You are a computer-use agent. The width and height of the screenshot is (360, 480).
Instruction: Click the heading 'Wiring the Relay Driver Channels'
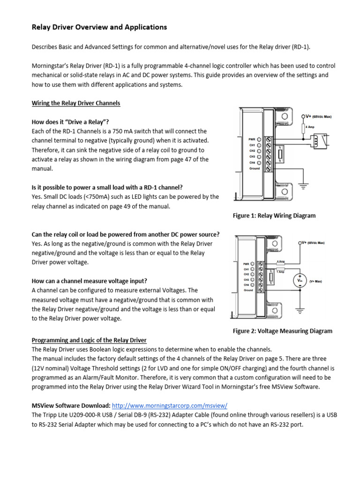point(75,103)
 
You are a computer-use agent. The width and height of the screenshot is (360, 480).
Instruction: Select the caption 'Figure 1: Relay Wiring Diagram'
point(274,216)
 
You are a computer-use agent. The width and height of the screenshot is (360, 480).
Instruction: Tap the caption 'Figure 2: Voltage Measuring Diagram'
point(283,331)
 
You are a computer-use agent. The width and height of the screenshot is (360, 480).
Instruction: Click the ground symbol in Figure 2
point(299,309)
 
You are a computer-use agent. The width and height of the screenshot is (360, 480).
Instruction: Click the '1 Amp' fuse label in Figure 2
point(280,272)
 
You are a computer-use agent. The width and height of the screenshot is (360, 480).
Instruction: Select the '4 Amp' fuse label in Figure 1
point(310,127)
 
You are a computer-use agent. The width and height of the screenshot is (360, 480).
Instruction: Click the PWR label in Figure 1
point(252,139)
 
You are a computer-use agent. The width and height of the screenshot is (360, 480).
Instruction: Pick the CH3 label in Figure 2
point(245,279)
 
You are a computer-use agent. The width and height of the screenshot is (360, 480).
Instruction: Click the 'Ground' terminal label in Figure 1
point(254,168)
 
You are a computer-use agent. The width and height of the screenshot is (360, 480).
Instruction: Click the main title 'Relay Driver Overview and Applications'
point(99,27)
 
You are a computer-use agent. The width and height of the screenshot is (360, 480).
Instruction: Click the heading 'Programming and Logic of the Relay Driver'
point(89,340)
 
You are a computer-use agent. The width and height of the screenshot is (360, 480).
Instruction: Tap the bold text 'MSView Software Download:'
point(71,405)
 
